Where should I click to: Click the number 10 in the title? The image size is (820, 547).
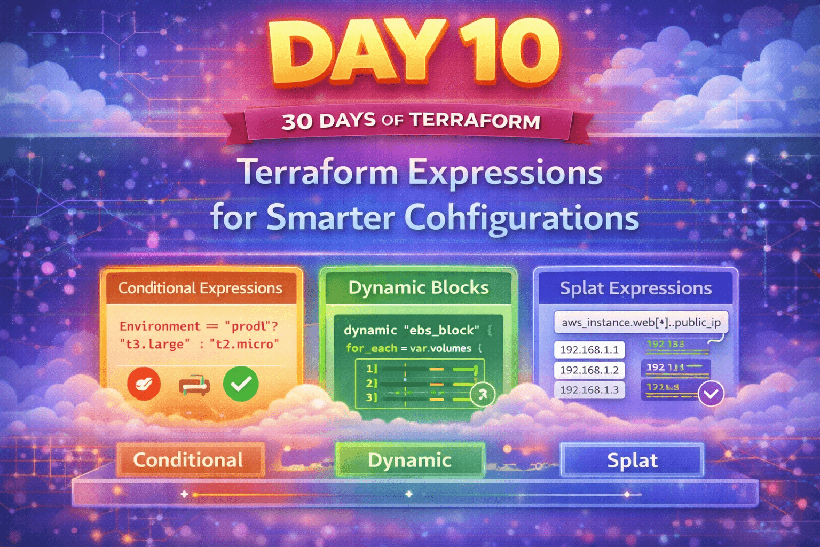[x=507, y=53]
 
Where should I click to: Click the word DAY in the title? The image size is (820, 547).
[x=355, y=53]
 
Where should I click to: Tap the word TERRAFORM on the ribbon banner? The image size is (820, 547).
[x=475, y=121]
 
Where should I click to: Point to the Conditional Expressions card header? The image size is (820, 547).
[x=200, y=288]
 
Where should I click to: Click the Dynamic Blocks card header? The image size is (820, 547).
[x=419, y=288]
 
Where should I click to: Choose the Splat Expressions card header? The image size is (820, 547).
[x=635, y=288]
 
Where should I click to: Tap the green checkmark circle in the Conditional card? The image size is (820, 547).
[x=241, y=384]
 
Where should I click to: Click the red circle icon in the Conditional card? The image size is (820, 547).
[x=144, y=384]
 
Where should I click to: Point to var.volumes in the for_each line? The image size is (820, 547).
[x=440, y=348]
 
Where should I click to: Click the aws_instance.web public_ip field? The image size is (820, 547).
[x=641, y=323]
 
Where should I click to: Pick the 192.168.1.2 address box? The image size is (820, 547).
[x=589, y=370]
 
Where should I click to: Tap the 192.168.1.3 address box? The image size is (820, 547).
[x=589, y=390]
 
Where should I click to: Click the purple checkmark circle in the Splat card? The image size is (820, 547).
[x=711, y=394]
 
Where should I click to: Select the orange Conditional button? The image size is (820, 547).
[x=189, y=460]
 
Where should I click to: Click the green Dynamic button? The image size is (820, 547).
[x=410, y=460]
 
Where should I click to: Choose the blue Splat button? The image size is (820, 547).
[x=632, y=460]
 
